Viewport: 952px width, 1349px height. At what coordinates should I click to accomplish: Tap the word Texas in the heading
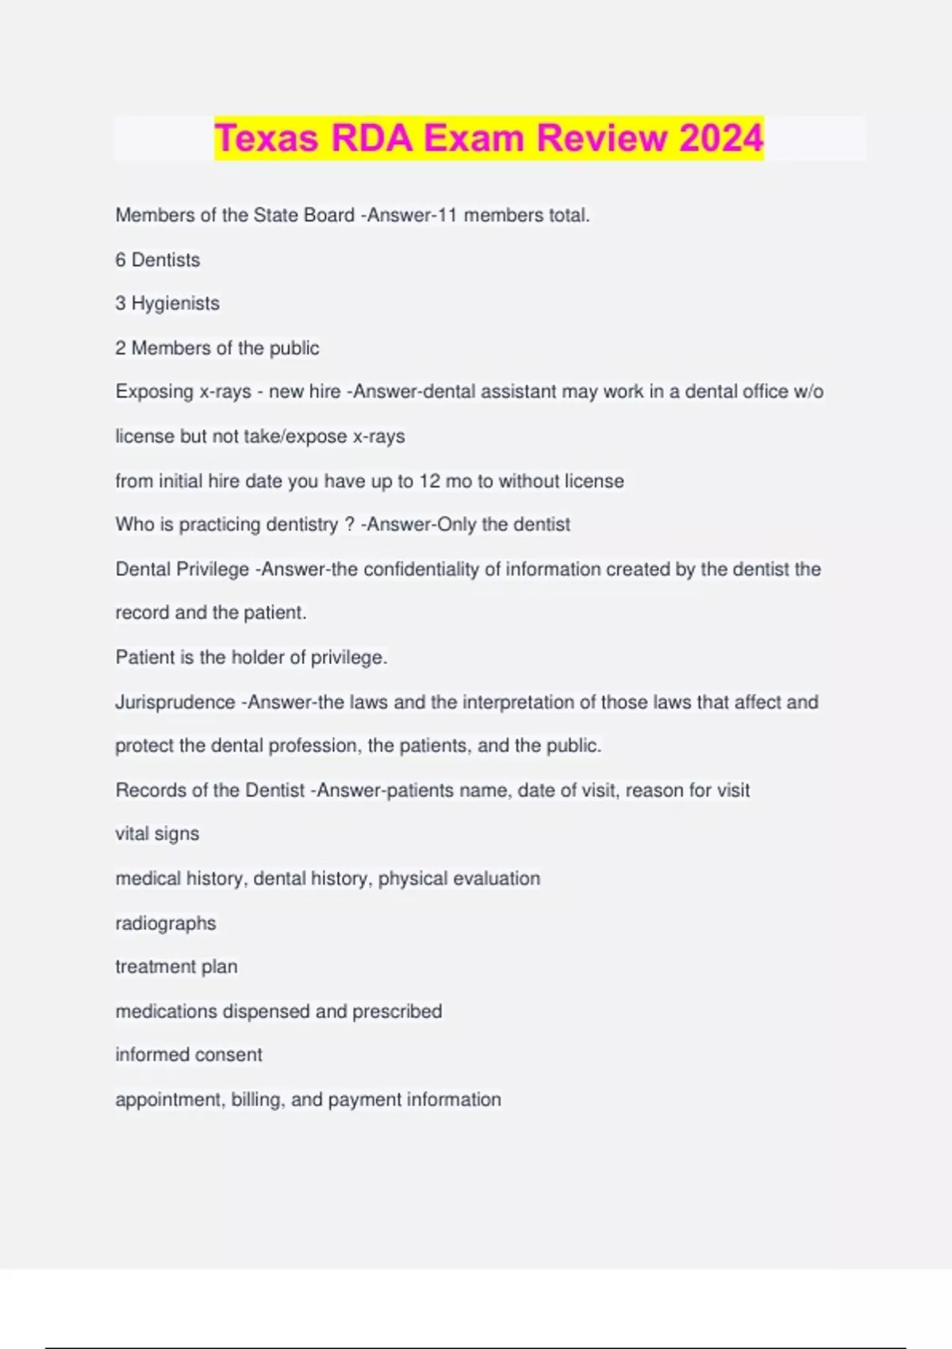pyautogui.click(x=267, y=138)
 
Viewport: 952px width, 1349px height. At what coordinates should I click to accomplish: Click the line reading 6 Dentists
pyautogui.click(x=158, y=259)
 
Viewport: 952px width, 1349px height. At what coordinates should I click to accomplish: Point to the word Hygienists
pyautogui.click(x=175, y=304)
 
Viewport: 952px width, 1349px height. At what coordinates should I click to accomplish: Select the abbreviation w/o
pyautogui.click(x=808, y=392)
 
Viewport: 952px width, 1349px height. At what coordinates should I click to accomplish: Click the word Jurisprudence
pyautogui.click(x=175, y=702)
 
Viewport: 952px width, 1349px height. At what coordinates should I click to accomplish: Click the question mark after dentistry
pyautogui.click(x=349, y=525)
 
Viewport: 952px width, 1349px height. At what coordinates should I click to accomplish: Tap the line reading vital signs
pyautogui.click(x=157, y=834)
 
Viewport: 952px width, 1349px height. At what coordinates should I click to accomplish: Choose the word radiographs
pyautogui.click(x=166, y=924)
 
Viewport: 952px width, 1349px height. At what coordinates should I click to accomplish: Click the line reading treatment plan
pyautogui.click(x=176, y=967)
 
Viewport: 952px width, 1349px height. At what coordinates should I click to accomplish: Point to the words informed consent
pyautogui.click(x=189, y=1055)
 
